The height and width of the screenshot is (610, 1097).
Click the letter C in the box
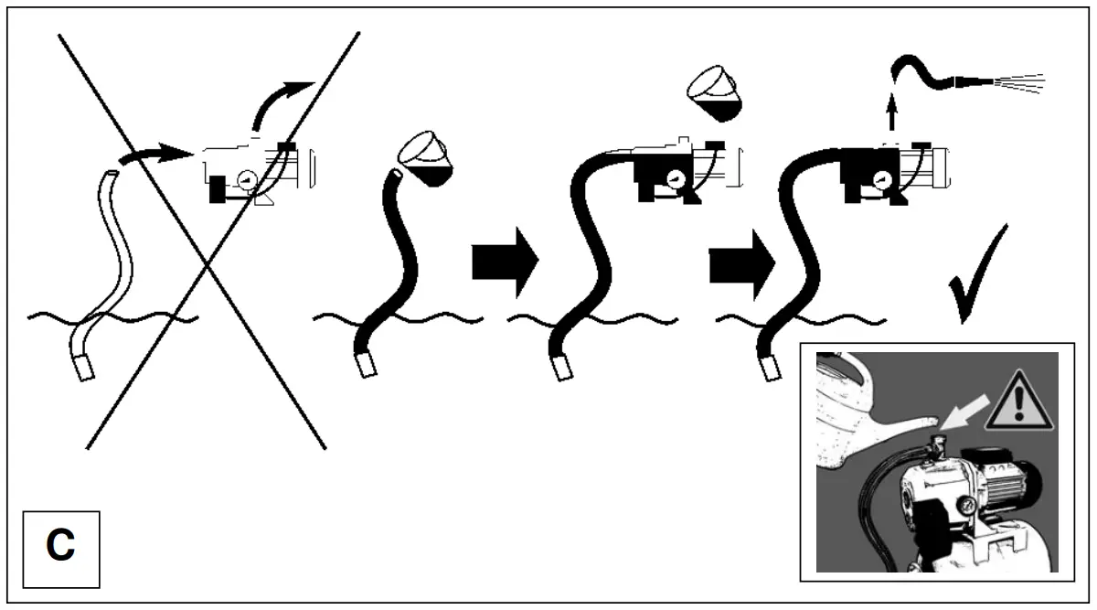coord(60,547)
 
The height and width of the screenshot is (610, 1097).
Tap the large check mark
coord(976,274)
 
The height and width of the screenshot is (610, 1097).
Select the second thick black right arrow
coord(741,263)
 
